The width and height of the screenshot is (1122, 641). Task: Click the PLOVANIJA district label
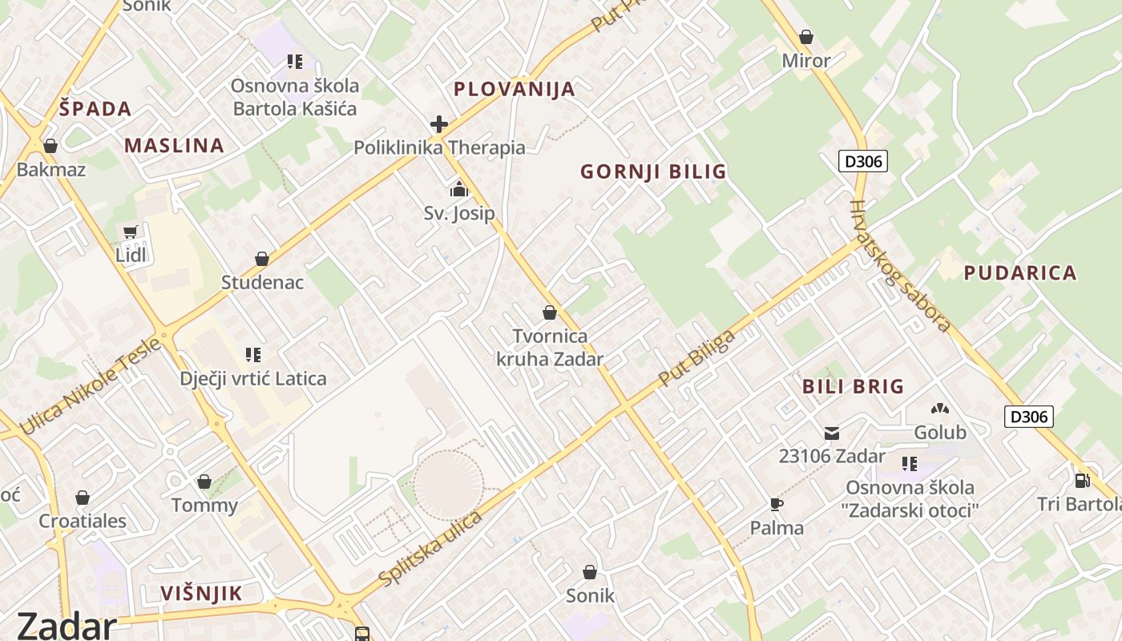point(515,89)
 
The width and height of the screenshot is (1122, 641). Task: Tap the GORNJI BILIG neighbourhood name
point(653,171)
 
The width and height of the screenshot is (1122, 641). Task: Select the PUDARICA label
point(1019,273)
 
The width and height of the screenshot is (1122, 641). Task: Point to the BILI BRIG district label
point(853,386)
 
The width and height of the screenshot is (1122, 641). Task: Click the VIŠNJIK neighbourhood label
point(201,594)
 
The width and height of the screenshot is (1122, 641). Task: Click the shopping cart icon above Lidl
point(131,232)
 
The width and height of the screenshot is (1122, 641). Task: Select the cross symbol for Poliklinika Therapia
point(438,124)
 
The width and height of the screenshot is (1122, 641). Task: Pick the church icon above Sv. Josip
point(459,189)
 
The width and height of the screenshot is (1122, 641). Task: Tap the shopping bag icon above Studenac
point(262,259)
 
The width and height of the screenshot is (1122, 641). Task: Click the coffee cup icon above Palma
point(776,504)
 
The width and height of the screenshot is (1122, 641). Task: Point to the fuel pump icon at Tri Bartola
point(1082,480)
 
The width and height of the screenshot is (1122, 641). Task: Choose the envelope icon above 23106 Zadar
point(832,433)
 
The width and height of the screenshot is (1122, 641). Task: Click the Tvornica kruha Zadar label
point(550,348)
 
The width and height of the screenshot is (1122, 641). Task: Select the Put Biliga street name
point(696,357)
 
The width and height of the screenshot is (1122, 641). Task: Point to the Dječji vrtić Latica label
point(253,378)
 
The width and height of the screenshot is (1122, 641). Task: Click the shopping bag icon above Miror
point(806,37)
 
